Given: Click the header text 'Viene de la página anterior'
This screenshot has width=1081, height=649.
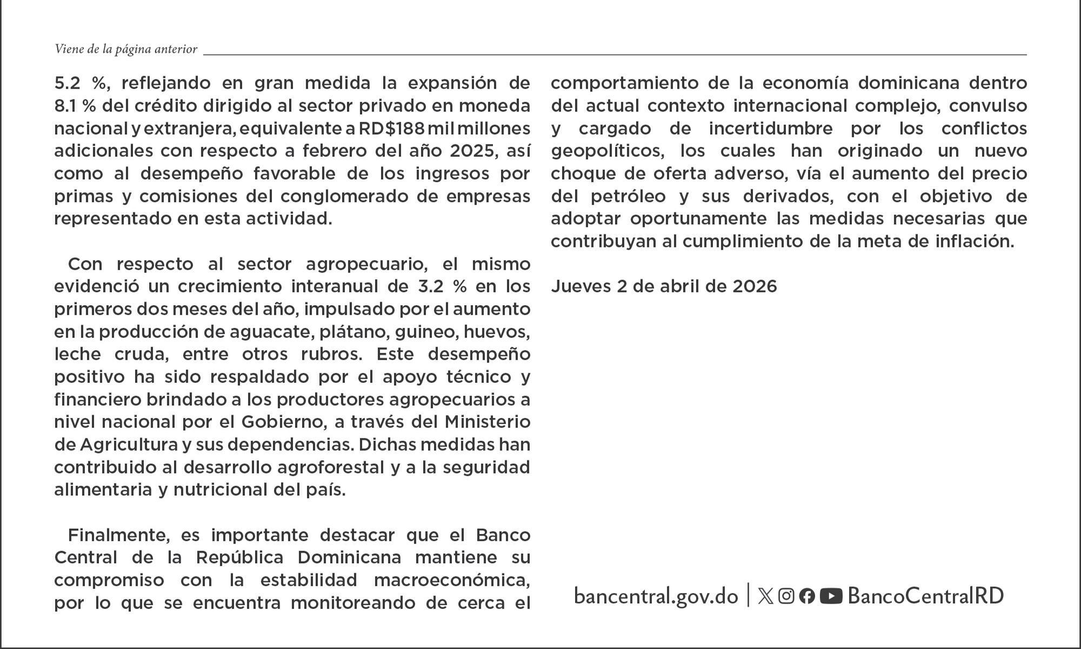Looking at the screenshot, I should pos(126,49).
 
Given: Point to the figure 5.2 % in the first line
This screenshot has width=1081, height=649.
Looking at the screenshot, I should pos(80,83).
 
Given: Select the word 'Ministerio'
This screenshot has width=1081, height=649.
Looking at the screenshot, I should pos(487,421).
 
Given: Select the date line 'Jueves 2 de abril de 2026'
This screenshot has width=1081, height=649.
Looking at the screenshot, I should pos(664,286).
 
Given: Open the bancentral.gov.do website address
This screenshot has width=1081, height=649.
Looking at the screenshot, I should pos(656,596).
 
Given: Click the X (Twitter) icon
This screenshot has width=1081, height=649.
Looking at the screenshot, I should pos(765,596).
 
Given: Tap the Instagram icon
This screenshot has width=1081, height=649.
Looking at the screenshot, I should pos(786,596).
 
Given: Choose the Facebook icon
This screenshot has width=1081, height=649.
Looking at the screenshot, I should pos(807,596).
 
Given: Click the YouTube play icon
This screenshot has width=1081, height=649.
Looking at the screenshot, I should pos(831,596).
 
